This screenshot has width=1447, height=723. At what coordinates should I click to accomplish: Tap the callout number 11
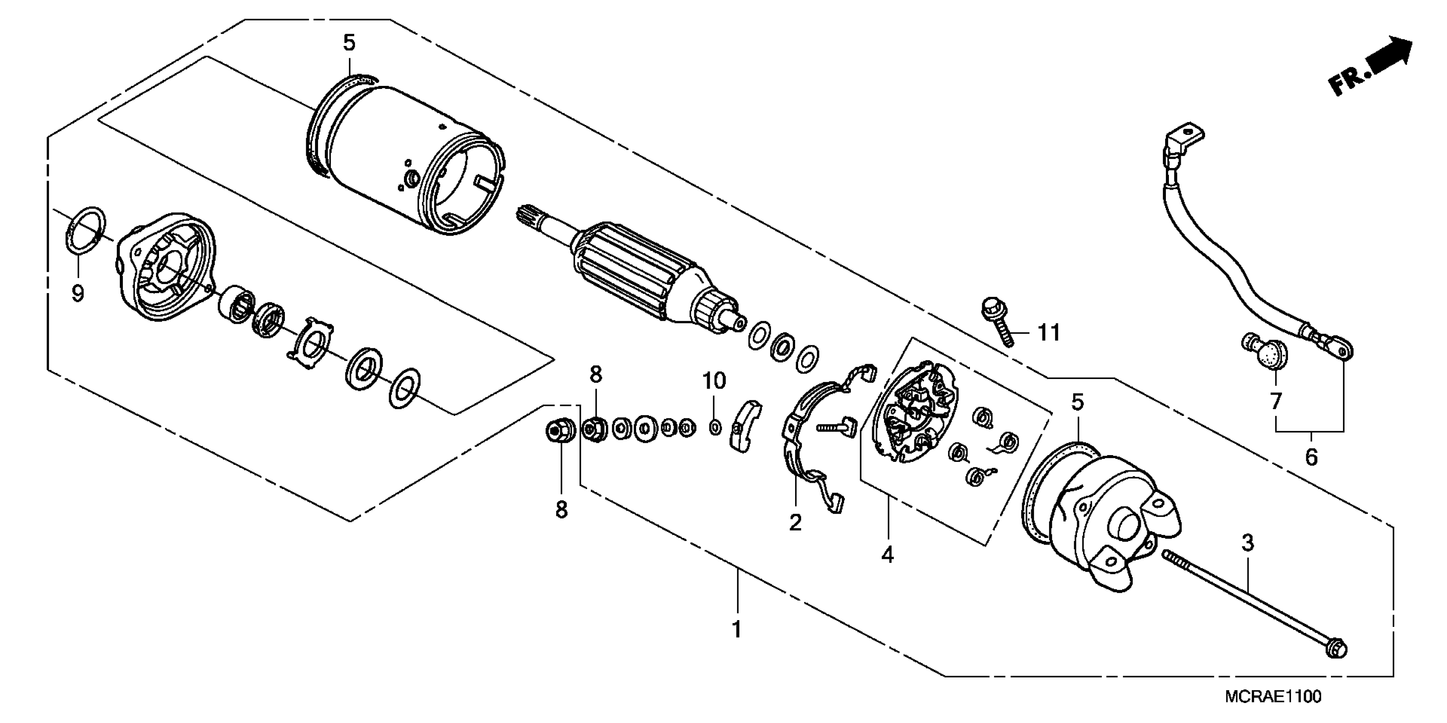[x=1048, y=333]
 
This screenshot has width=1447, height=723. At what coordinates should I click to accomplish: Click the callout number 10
[x=714, y=381]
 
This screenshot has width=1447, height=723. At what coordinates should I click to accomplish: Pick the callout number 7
[x=1276, y=401]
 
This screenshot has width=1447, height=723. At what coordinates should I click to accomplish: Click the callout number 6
[x=1311, y=457]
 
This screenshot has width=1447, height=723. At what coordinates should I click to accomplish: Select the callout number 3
[x=1248, y=543]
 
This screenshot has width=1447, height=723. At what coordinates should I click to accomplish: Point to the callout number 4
[x=887, y=555]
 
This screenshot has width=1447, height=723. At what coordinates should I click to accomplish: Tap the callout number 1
[x=736, y=629]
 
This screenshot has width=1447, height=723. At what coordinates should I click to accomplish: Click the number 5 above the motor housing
[x=350, y=43]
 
